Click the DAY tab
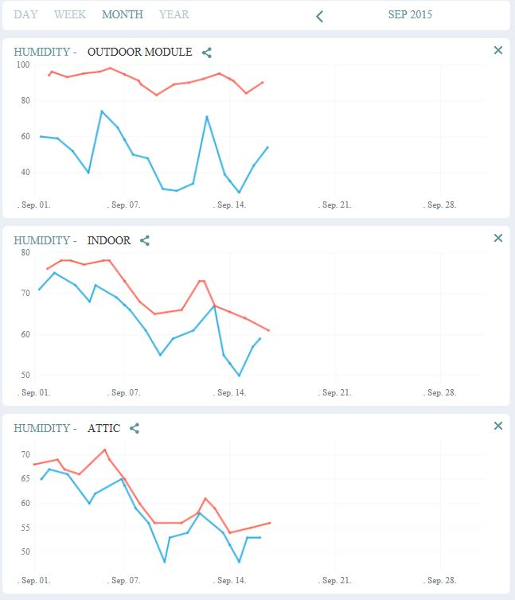25,14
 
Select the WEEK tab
70,14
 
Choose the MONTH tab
123,14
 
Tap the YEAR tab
174,14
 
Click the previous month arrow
319,16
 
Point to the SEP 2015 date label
410,14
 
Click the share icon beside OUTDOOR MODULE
207,53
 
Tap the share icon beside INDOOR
145,240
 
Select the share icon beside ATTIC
135,428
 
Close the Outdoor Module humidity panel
498,50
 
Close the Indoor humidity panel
498,238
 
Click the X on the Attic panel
498,426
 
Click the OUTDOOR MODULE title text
139,53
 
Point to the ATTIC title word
103,428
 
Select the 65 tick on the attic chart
24,479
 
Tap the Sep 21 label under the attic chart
334,581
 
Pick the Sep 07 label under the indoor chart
125,392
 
